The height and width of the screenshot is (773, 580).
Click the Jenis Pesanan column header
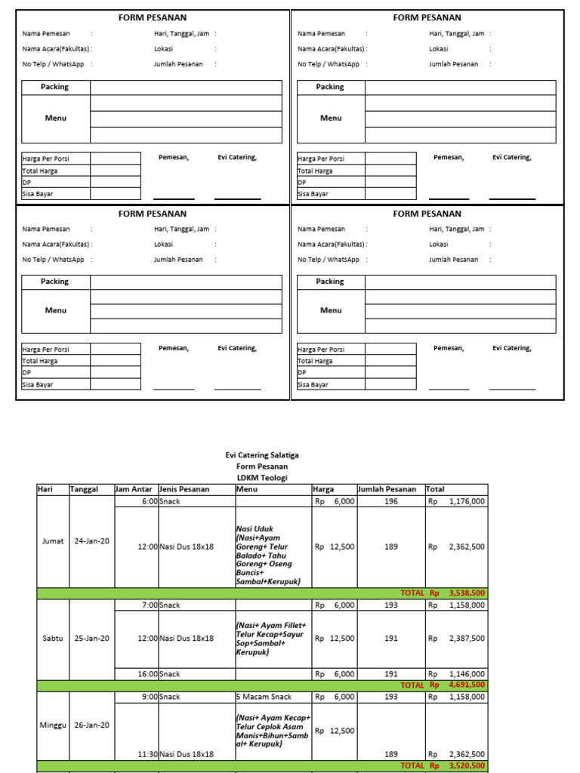pos(184,489)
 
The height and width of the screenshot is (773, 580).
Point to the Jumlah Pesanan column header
pos(387,489)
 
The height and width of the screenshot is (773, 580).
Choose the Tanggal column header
pos(85,489)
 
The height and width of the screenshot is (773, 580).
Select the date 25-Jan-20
pos(91,638)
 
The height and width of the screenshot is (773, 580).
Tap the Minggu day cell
pos(52,725)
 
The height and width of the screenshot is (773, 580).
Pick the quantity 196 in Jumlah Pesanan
pos(390,500)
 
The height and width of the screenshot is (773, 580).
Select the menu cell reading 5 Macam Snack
pos(262,697)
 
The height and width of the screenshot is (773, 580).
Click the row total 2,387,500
pos(467,638)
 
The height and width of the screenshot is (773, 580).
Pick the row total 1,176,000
pos(467,500)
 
